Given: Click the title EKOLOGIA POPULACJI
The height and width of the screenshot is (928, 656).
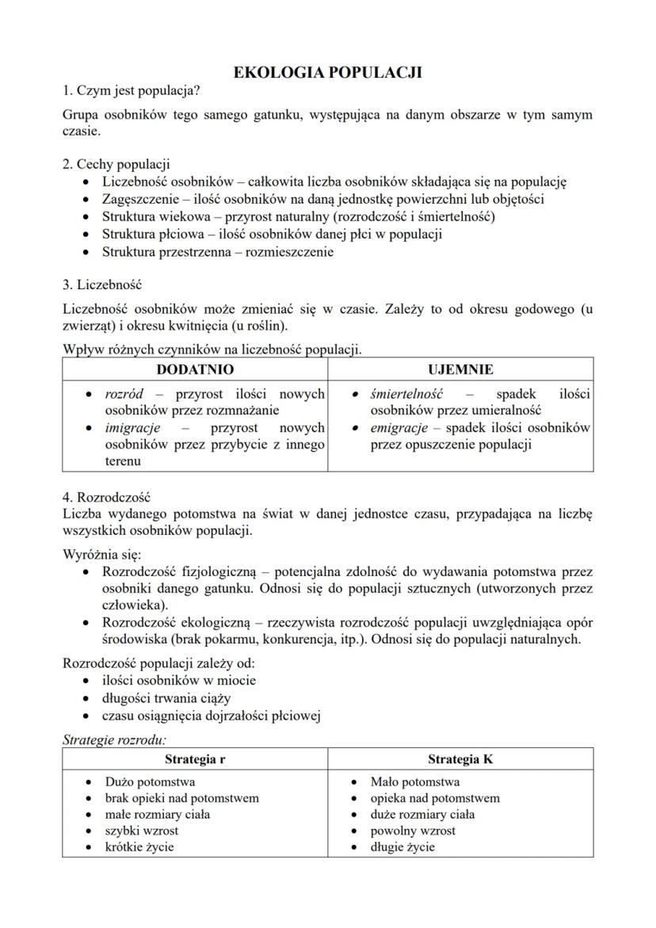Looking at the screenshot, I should point(327,73).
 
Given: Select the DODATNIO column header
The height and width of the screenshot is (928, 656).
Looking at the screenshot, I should point(195,369).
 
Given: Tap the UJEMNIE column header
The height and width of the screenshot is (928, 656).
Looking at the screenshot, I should point(460,369).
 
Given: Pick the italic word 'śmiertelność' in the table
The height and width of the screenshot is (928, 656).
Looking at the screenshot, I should point(406,394).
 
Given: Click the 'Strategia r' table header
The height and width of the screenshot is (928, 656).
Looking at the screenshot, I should point(195,758).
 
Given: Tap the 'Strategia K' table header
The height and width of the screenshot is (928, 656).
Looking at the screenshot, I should point(460,758).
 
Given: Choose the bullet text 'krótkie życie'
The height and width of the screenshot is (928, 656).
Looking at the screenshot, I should point(139,846).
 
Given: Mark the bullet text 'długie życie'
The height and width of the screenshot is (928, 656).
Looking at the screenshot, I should point(402,846).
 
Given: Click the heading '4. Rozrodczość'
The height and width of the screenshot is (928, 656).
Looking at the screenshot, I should point(106,498).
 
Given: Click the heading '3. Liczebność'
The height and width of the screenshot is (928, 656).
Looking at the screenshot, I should point(102,284).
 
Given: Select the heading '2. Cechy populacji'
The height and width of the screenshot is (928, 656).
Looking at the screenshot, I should point(116,164).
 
